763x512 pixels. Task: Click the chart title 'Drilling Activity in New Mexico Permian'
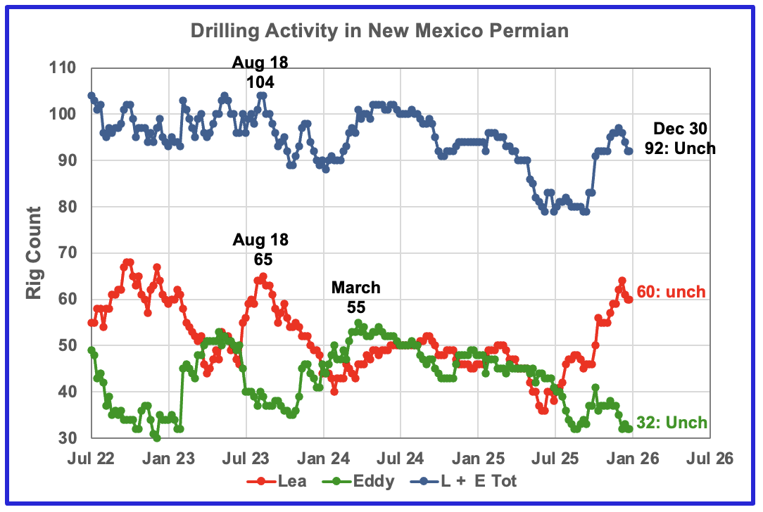click(380, 32)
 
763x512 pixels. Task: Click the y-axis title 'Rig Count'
click(34, 253)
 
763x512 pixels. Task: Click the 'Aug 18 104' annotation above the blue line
click(260, 72)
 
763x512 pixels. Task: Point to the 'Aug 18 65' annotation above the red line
click(260, 249)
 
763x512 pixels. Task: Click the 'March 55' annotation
click(355, 297)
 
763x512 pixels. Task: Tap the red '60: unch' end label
click(671, 292)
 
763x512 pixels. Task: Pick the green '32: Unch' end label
click(671, 423)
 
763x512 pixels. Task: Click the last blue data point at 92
click(629, 151)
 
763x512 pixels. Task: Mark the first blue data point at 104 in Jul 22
click(92, 96)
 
